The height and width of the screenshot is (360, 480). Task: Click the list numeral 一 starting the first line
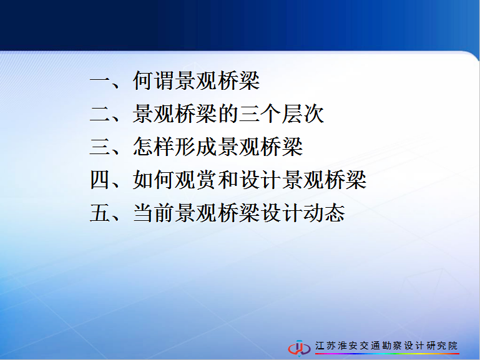(x=100, y=80)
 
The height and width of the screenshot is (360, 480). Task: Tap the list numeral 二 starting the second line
(x=100, y=114)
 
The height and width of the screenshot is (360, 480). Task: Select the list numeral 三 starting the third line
(x=100, y=147)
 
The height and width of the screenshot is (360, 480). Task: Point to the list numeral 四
(x=100, y=180)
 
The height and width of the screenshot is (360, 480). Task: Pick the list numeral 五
(x=100, y=213)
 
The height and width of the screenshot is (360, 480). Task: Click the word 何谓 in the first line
(x=154, y=80)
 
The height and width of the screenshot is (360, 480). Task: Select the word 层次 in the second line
(x=303, y=114)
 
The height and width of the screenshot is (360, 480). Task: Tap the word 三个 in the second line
(x=260, y=114)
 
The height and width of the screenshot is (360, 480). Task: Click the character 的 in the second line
(x=228, y=114)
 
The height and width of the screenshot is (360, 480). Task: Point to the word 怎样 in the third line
(x=154, y=147)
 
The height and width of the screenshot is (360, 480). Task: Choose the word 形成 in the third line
(x=197, y=147)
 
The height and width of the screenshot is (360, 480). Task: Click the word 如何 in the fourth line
(x=154, y=180)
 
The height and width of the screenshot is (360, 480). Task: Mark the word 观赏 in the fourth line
(x=197, y=180)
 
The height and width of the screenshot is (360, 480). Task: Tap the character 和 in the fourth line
(x=228, y=180)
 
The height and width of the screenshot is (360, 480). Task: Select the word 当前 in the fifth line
(x=154, y=213)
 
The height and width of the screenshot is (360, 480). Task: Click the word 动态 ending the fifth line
(x=324, y=213)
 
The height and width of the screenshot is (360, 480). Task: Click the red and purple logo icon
(x=299, y=348)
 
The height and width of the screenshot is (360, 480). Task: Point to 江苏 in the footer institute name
(x=325, y=346)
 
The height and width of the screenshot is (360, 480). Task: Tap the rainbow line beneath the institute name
(x=387, y=354)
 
